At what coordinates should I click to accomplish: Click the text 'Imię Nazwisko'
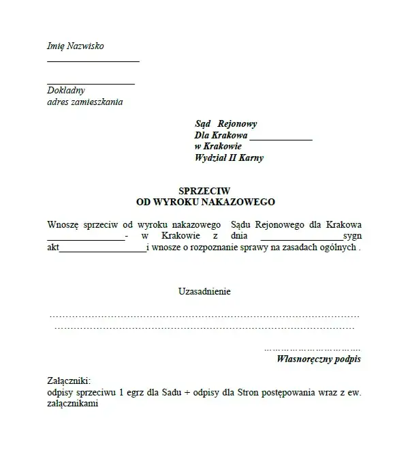pyautogui.click(x=76, y=46)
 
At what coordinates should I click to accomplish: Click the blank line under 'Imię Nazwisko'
pyautogui.click(x=93, y=61)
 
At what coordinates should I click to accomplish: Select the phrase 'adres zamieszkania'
pyautogui.click(x=85, y=102)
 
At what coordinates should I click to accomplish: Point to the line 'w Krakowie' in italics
pyautogui.click(x=218, y=146)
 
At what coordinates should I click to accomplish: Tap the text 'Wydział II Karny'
pyautogui.click(x=229, y=158)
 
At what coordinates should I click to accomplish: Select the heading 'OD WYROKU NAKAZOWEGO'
pyautogui.click(x=205, y=203)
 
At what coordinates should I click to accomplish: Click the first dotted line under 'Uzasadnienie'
pyautogui.click(x=204, y=317)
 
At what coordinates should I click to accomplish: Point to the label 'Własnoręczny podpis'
pyautogui.click(x=319, y=359)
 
